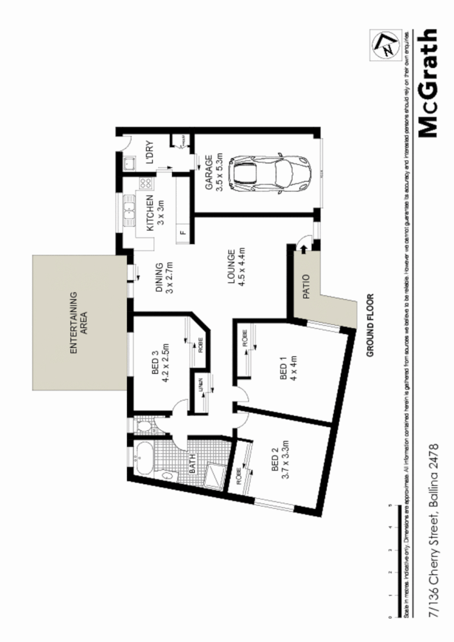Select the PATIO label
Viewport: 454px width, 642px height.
[306, 286]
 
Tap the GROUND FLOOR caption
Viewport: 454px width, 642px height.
[371, 325]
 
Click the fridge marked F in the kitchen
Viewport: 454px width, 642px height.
[182, 232]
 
